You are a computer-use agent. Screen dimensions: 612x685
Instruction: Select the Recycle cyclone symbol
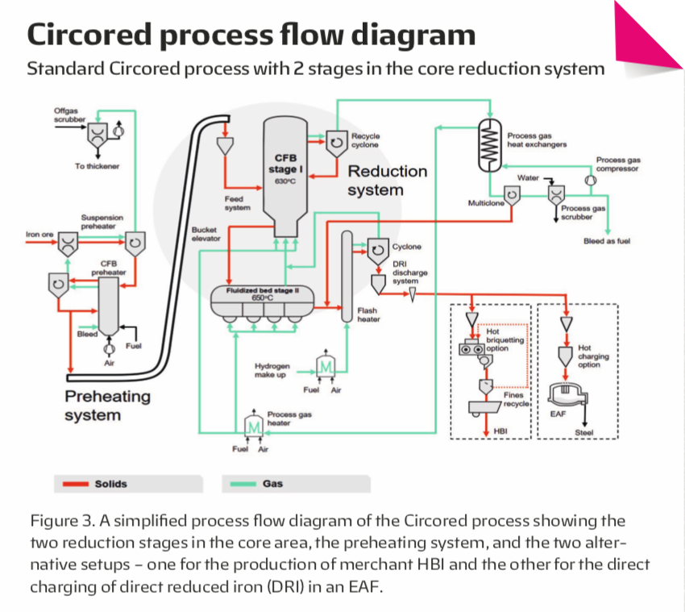click(337, 142)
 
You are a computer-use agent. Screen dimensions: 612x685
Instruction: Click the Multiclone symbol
click(511, 194)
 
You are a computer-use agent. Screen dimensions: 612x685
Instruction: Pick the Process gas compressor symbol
click(591, 181)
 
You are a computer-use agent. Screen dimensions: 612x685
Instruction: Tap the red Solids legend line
click(72, 485)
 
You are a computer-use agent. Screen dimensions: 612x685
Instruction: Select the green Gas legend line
click(239, 485)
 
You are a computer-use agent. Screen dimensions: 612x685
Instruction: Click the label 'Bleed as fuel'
click(606, 241)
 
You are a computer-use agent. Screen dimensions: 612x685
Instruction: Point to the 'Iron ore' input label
click(39, 235)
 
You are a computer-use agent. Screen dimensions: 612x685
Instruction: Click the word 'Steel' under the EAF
click(583, 433)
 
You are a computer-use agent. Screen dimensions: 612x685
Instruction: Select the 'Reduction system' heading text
click(387, 181)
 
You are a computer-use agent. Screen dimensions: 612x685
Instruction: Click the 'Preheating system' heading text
click(107, 406)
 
